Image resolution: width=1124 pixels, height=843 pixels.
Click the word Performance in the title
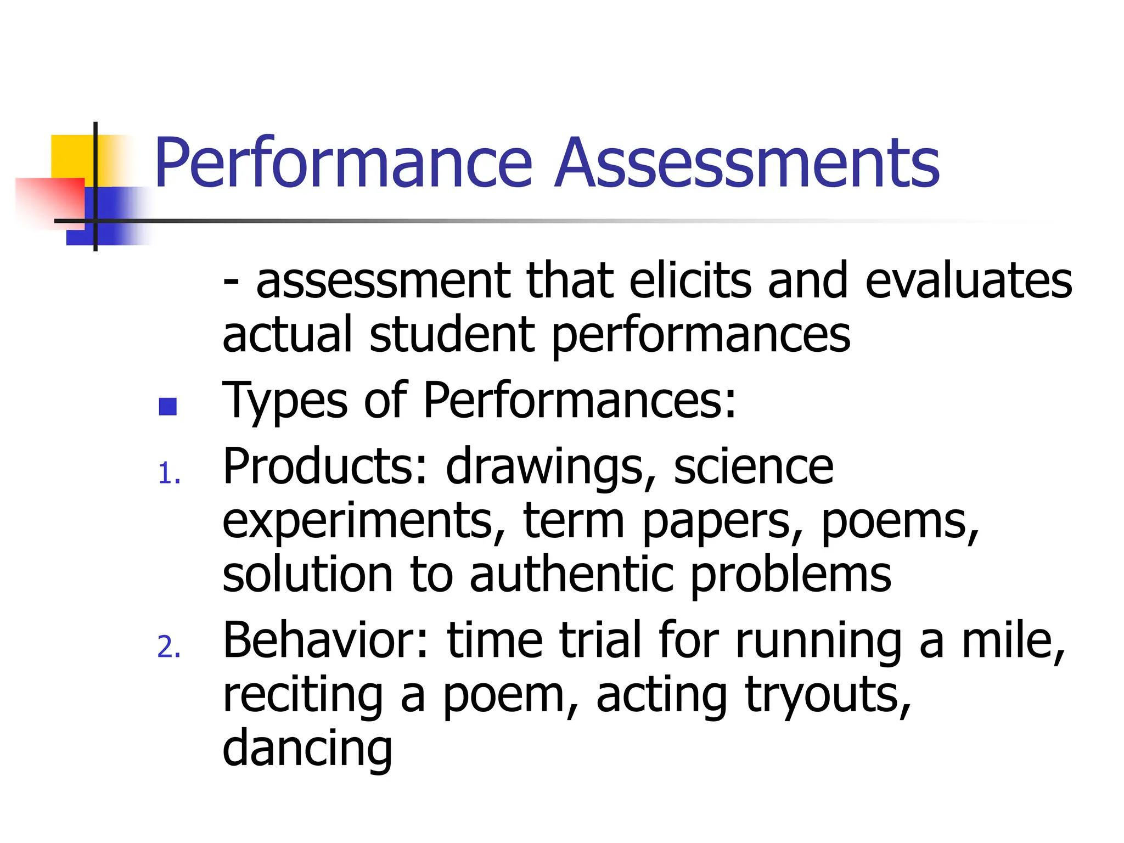click(344, 163)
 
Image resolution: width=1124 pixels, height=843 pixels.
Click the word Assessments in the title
click(748, 163)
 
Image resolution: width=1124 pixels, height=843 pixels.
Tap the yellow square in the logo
click(71, 156)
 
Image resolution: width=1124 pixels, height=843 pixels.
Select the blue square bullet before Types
click(167, 407)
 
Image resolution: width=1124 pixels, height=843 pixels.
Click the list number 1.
click(168, 473)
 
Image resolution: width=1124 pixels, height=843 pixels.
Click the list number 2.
click(168, 647)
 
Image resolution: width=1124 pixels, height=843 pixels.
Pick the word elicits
click(690, 281)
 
